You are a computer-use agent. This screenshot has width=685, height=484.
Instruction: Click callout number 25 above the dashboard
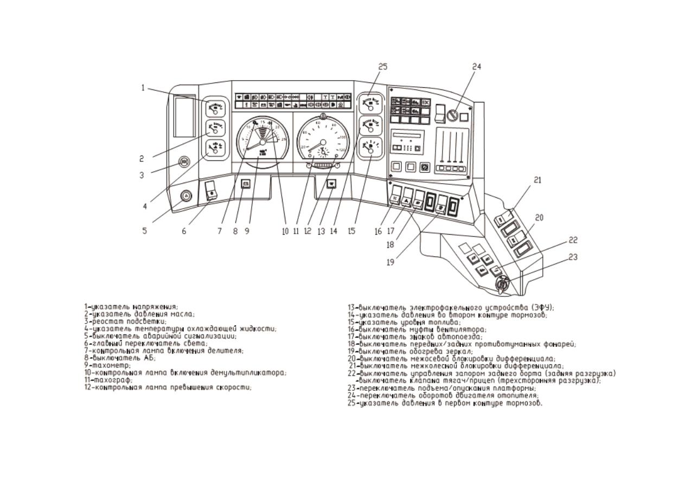pyautogui.click(x=383, y=66)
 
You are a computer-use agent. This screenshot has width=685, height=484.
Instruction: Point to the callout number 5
pyautogui.click(x=144, y=230)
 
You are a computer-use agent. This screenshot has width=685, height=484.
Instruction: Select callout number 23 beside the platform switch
pyautogui.click(x=572, y=257)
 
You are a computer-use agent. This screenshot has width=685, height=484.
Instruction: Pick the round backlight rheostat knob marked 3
pyautogui.click(x=183, y=162)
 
